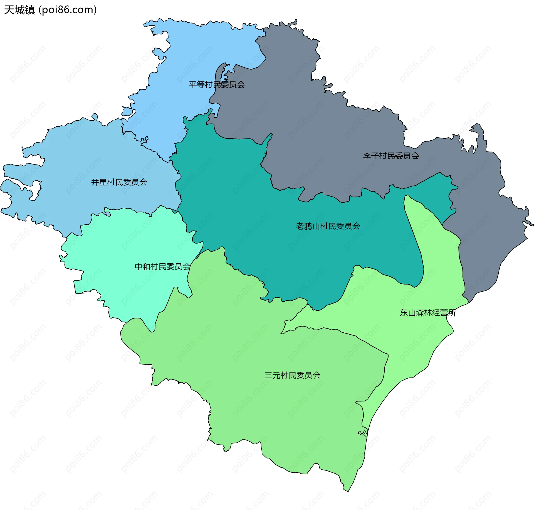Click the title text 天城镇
[x=19, y=10]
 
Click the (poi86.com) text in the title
[x=68, y=10]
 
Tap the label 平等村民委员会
[x=217, y=84]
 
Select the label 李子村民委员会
[x=391, y=156]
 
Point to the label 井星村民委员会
[x=119, y=182]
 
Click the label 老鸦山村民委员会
[x=328, y=226]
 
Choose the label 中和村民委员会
[x=162, y=266]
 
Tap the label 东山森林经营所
[x=428, y=313]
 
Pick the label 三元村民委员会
[x=292, y=375]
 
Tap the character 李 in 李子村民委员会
[x=367, y=156]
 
